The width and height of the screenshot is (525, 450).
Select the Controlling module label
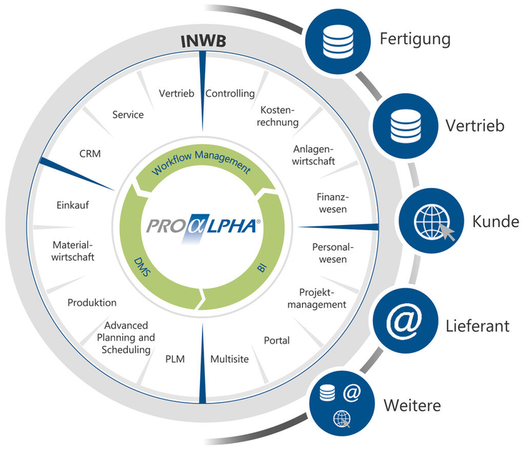click(230, 94)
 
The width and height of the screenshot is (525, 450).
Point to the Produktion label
click(92, 302)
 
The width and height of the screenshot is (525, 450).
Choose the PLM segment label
click(175, 359)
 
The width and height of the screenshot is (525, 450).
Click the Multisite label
click(229, 359)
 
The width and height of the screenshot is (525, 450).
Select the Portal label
click(276, 340)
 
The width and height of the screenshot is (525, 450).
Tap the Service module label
click(128, 114)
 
